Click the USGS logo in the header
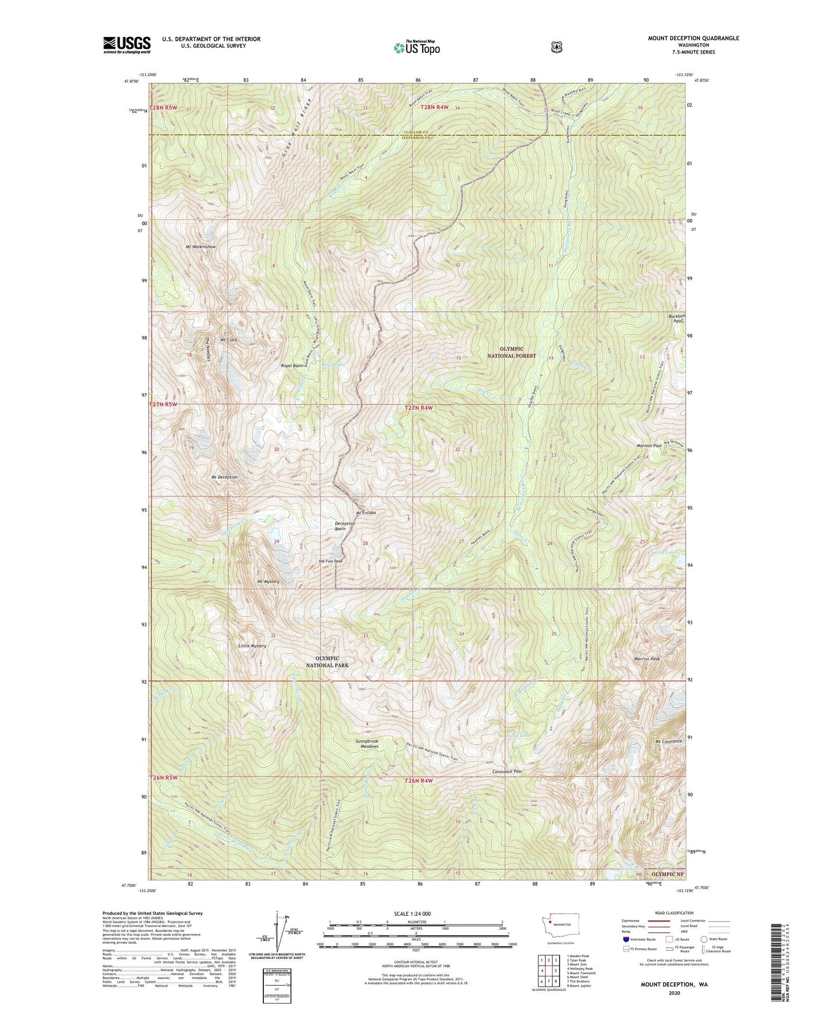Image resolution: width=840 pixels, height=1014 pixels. click(127, 45)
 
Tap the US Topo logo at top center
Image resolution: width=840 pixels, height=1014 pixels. click(416, 48)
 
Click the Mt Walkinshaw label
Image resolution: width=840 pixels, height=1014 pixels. click(201, 247)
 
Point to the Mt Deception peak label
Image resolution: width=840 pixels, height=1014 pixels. click(224, 477)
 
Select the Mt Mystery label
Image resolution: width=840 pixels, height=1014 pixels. click(268, 581)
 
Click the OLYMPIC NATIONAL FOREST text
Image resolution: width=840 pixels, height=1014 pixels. click(511, 352)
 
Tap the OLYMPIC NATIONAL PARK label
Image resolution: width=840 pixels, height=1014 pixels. click(328, 661)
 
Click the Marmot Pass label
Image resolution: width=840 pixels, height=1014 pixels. click(649, 445)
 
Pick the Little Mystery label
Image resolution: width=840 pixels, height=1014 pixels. click(252, 646)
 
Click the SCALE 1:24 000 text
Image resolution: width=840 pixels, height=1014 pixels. click(412, 914)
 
